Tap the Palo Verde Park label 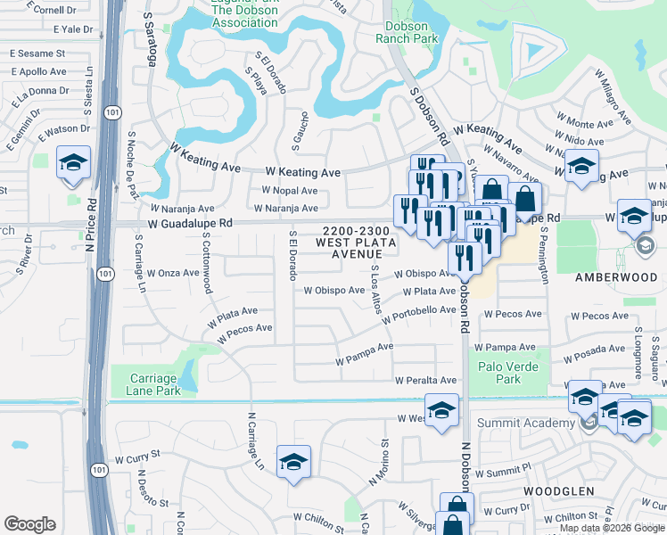coord(508,373)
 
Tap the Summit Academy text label coord(531,423)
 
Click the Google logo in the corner coord(29,524)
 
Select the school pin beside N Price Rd coord(73,163)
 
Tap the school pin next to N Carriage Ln coord(293,462)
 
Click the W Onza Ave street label coord(174,273)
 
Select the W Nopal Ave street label coord(289,191)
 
